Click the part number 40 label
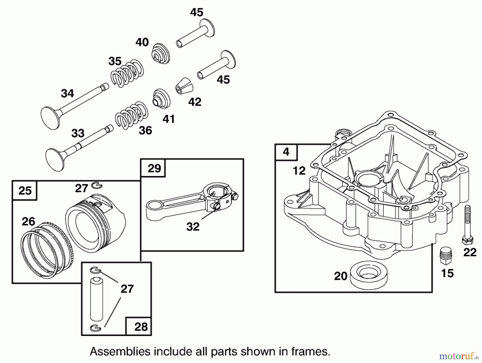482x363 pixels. click(x=142, y=42)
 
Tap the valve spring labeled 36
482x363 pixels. click(x=132, y=115)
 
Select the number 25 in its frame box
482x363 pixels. click(x=25, y=190)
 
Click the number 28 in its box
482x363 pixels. click(x=141, y=327)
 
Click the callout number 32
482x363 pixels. click(x=193, y=227)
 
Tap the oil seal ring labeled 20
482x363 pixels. click(x=368, y=276)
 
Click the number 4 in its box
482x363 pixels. click(x=286, y=152)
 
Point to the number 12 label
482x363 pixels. click(x=299, y=171)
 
